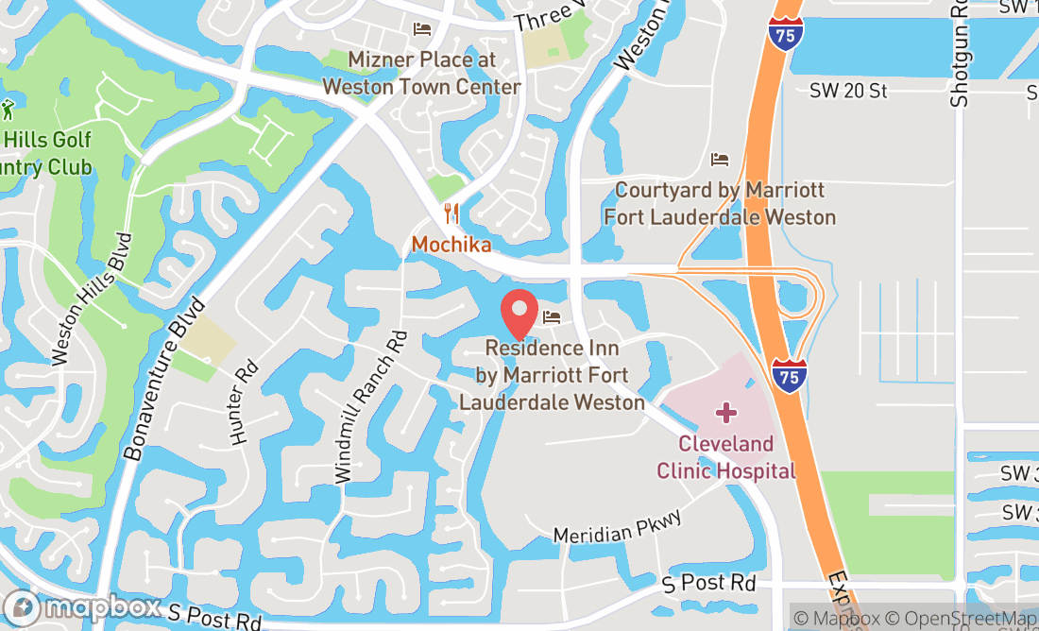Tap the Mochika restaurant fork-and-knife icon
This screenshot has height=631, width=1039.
point(451,213)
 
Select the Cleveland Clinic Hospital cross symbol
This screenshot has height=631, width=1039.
point(725,413)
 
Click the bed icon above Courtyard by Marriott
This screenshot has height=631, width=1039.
point(721,159)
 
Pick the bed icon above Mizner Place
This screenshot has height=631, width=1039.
point(422,29)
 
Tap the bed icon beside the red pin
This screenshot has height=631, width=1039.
point(553,316)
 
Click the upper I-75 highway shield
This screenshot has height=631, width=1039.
point(786,31)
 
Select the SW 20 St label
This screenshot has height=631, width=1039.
point(849,91)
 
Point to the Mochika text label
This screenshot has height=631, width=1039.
point(451,245)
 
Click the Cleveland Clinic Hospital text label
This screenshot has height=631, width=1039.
point(725,457)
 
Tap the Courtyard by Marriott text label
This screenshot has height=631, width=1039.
point(720,203)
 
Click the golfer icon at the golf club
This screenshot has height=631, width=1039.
point(8,110)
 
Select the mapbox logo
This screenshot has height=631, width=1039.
point(82,607)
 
